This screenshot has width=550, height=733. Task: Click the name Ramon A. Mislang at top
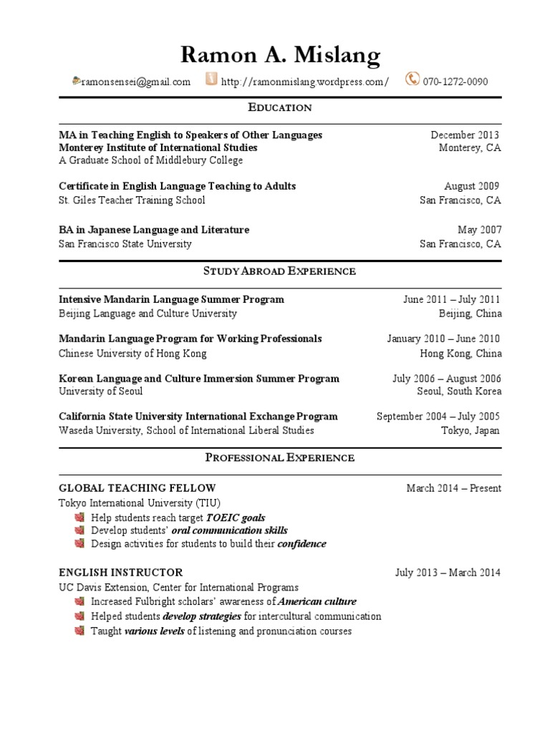click(280, 54)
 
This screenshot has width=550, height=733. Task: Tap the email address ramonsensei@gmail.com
click(135, 82)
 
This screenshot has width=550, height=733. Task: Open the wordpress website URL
click(305, 82)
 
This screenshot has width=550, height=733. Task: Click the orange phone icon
click(412, 79)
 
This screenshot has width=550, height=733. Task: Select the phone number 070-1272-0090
click(455, 82)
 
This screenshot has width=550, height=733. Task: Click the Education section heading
click(280, 107)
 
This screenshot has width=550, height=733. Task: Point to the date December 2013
click(465, 135)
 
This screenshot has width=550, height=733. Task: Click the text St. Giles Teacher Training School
click(132, 200)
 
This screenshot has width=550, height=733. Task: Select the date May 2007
click(480, 230)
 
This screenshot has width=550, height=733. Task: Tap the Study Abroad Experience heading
click(280, 271)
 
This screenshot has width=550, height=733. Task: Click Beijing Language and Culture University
click(148, 313)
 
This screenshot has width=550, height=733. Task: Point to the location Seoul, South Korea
click(459, 392)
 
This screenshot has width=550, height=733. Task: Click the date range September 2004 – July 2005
click(438, 417)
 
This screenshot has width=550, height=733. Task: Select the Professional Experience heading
click(280, 457)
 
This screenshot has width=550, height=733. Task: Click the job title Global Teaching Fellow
click(137, 488)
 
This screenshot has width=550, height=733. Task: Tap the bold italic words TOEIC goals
click(236, 518)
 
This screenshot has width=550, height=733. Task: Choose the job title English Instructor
click(120, 573)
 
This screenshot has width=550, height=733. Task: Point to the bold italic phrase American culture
click(317, 602)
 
